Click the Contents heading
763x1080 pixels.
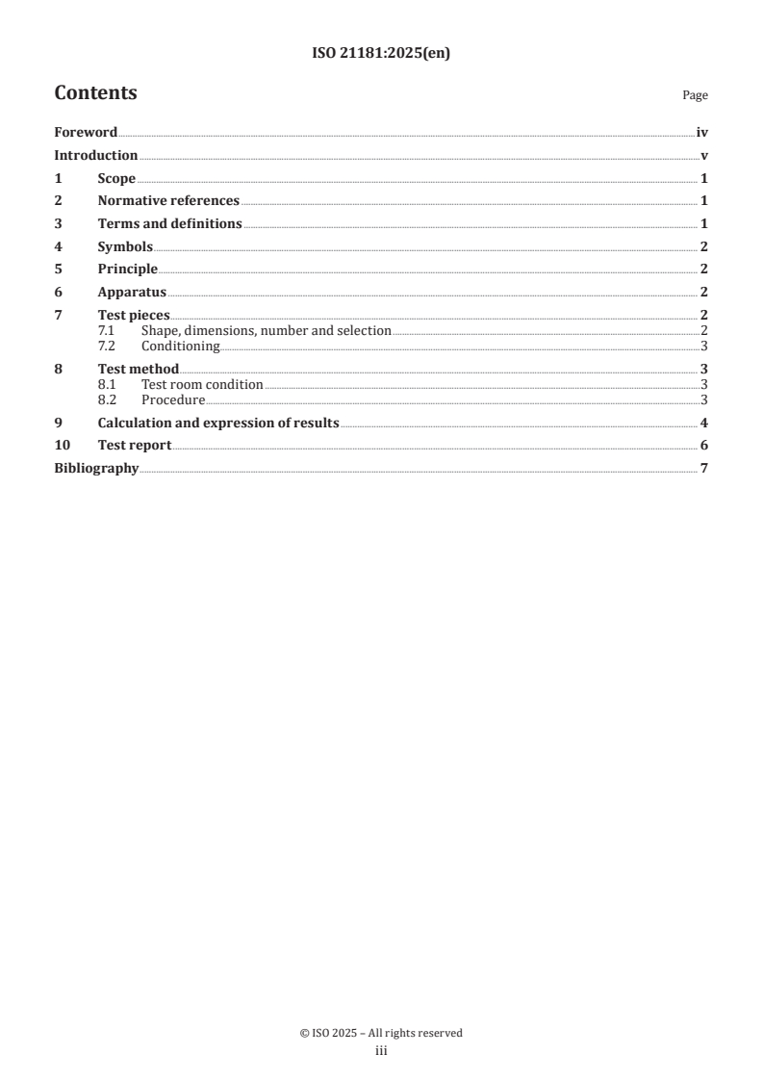(95, 93)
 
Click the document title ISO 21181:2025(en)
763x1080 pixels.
(381, 54)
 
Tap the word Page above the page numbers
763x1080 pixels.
(695, 95)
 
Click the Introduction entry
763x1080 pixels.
(95, 156)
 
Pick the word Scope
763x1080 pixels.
(116, 178)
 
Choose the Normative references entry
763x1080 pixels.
(168, 201)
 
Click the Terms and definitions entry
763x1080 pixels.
(169, 223)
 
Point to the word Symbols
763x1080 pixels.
(125, 246)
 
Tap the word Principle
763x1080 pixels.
(127, 269)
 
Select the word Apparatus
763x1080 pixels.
(132, 292)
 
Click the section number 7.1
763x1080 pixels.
(107, 330)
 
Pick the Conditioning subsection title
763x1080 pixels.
(180, 346)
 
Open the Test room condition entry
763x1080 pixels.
(202, 384)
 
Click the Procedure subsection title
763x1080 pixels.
(173, 399)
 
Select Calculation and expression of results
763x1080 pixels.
(217, 423)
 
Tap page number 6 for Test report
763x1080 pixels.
(704, 445)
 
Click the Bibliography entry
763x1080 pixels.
(96, 468)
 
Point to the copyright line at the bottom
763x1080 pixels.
(381, 1033)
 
